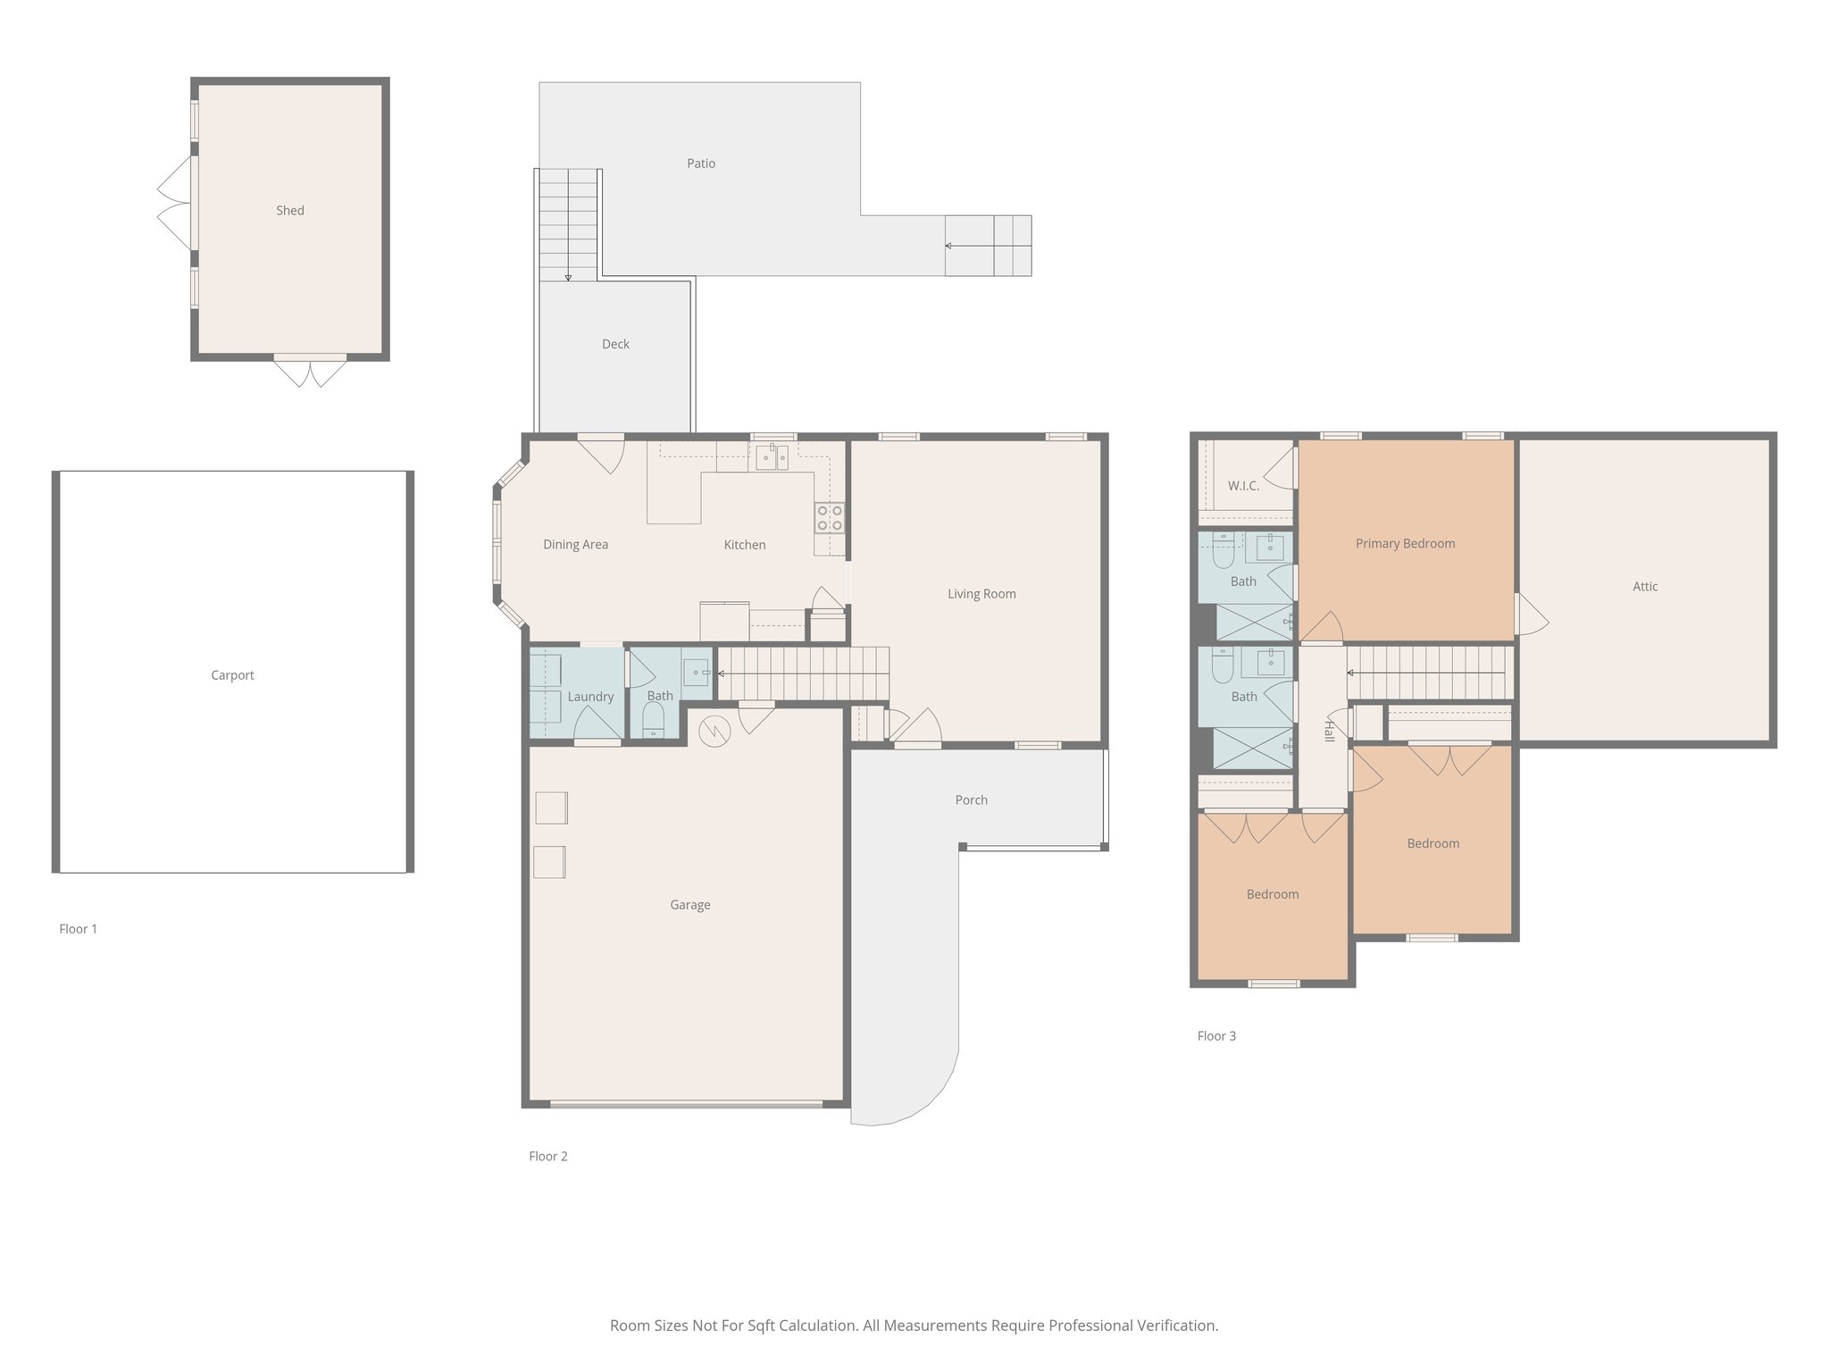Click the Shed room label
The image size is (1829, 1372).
[x=289, y=211]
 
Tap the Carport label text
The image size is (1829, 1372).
[x=232, y=675]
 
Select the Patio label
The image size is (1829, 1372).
[x=701, y=163]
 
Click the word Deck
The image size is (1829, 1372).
[x=615, y=344]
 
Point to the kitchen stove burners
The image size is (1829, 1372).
[x=829, y=518]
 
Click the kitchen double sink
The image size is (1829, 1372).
[x=772, y=457]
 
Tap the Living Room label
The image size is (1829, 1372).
[x=981, y=594]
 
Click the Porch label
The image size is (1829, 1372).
[x=971, y=800]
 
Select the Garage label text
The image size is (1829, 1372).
[x=689, y=905]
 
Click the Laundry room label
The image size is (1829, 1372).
[x=590, y=697]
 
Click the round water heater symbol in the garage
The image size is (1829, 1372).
[x=714, y=732]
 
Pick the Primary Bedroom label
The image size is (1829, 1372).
[x=1405, y=543]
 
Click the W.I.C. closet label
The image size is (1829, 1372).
[x=1243, y=486]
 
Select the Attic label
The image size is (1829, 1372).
[x=1644, y=587]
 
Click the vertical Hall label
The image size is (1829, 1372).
[x=1329, y=730]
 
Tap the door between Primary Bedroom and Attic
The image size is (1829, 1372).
[x=1529, y=615]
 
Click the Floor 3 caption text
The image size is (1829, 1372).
[x=1216, y=1036]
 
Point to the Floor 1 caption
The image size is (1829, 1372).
[x=79, y=929]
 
